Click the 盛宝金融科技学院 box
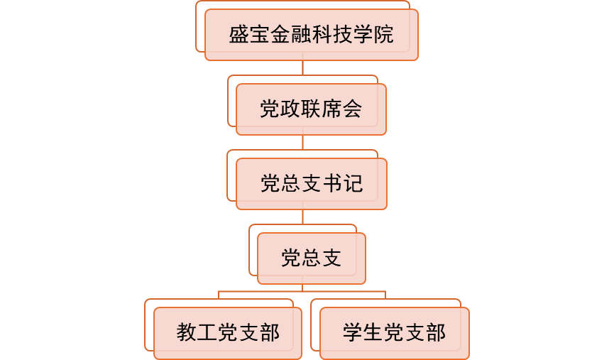coord(311,35)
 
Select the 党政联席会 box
coord(311,109)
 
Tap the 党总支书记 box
coord(311,184)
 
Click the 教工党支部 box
coord(228,333)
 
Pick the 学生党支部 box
coord(394,333)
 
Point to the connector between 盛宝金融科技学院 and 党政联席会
coord(303,68)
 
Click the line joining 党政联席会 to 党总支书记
coord(303,143)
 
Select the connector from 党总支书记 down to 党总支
coord(303,217)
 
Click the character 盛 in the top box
coord(239,35)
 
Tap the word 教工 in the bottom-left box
coord(197,333)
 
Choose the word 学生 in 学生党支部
coord(363,333)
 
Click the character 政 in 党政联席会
coord(290,109)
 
